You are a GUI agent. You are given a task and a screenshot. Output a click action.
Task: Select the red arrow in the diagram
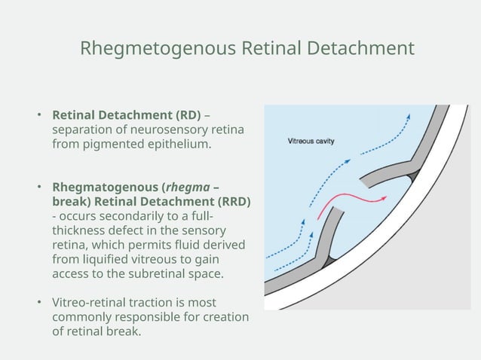click(351, 202)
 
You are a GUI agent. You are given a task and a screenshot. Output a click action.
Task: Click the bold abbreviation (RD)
click(188, 115)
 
